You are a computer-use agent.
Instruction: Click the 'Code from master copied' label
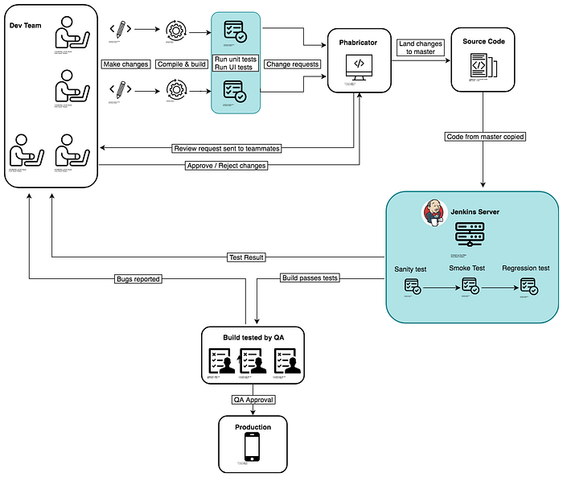(x=485, y=137)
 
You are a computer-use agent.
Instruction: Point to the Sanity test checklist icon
(x=411, y=287)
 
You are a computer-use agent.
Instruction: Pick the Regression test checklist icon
(x=528, y=286)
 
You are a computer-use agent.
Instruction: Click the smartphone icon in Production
(x=252, y=448)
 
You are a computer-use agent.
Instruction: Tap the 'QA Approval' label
(x=253, y=399)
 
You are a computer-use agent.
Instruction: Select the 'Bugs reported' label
(x=139, y=279)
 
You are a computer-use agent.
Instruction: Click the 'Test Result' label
(x=245, y=257)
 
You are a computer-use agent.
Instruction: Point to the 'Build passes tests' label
(x=310, y=278)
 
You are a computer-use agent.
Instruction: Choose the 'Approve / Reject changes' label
(x=225, y=166)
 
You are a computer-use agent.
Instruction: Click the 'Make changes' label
(x=125, y=64)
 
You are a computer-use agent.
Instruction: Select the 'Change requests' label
(x=293, y=64)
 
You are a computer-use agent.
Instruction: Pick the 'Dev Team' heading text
(x=26, y=26)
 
